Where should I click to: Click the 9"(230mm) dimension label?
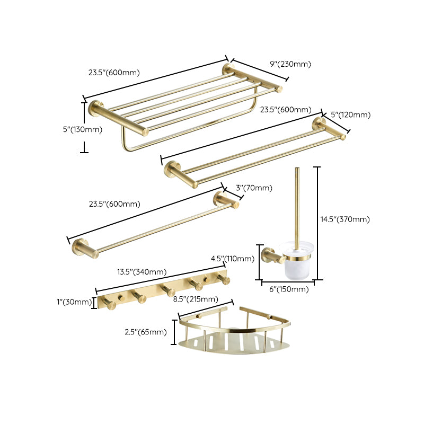point(290,64)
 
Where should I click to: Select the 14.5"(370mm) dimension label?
point(345,219)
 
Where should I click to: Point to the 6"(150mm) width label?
point(288,289)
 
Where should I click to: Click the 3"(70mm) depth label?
point(254,188)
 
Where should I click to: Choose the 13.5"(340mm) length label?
point(142,272)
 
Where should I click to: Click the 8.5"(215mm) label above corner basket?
point(196,299)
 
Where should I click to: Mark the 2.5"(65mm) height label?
point(144,332)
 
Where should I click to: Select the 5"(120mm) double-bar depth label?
point(350,114)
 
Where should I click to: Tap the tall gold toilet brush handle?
point(296,207)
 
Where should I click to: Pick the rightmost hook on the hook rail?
point(225,280)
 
